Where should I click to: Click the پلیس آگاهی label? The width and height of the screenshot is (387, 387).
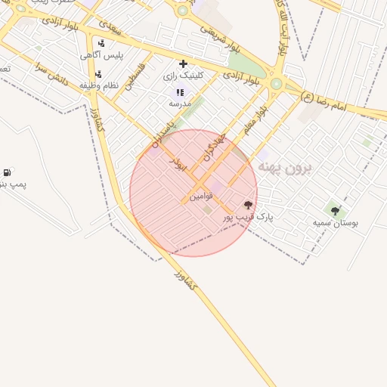pos(102,55)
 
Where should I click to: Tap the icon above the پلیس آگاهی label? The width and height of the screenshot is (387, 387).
pos(101,43)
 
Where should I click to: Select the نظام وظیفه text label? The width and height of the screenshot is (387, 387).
pos(98,85)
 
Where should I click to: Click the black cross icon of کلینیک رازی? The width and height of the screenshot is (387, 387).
pos(183,63)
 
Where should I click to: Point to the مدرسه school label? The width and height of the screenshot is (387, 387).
pos(180,103)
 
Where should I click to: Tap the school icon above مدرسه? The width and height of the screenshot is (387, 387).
pos(180,91)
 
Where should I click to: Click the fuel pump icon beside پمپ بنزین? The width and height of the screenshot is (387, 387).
pos(7,172)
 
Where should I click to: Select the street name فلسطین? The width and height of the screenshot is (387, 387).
pos(134,77)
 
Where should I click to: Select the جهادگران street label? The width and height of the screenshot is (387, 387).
pos(216,144)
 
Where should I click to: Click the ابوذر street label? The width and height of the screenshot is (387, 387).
pos(178,165)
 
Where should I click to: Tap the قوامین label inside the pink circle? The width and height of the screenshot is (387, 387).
pos(202,196)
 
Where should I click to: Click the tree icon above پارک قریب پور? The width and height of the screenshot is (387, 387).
pos(248,205)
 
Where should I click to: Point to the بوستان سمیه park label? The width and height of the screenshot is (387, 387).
pos(336,223)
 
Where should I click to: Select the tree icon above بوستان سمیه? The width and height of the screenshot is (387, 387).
pos(336,211)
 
